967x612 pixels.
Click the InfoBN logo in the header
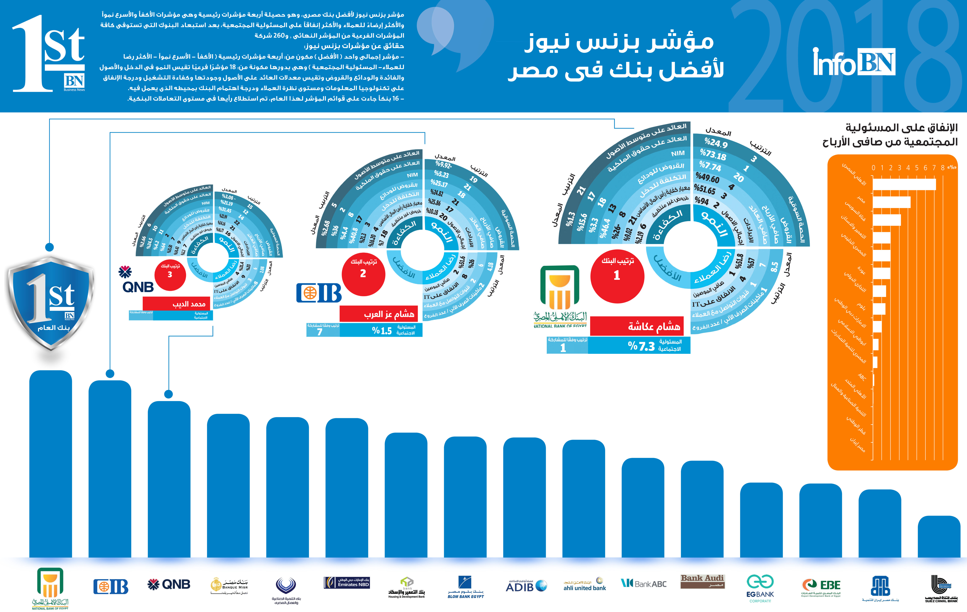tap(854, 62)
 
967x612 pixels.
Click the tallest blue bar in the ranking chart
tap(51, 464)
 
